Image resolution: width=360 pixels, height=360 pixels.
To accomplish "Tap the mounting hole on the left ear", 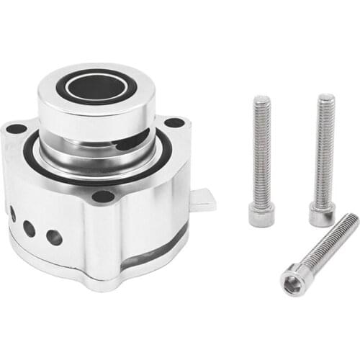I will point(16,129).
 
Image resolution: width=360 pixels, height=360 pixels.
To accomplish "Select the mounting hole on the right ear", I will point(174,122).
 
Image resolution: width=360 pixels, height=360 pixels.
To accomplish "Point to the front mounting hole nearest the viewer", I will point(103,196).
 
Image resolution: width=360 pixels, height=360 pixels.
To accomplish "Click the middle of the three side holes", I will point(30,229).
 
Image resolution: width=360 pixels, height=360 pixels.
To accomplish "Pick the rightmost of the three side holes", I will point(54,237).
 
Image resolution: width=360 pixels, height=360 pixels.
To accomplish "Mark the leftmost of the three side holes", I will point(13,214).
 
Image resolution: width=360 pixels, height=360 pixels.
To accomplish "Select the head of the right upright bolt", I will point(322,214).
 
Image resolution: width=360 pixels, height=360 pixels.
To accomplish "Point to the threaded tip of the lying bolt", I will point(351,220).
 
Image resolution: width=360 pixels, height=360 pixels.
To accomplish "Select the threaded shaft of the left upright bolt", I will point(261,151).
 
